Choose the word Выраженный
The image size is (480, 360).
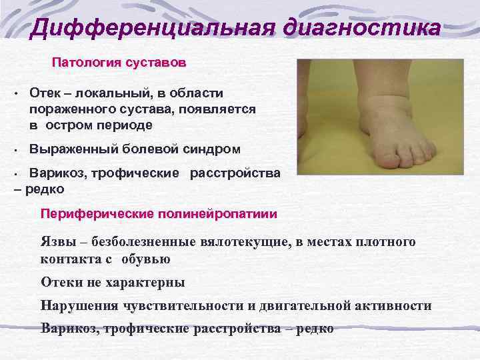(x=73, y=149)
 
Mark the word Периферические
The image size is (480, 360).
(x=97, y=214)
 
